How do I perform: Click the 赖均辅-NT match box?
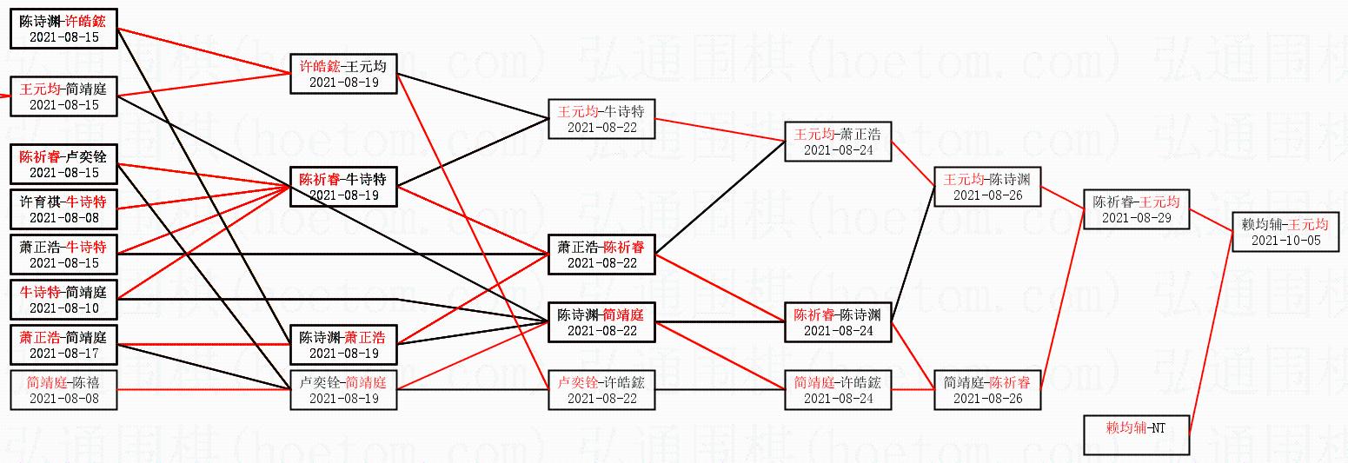1136,434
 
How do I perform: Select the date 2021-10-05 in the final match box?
1285,241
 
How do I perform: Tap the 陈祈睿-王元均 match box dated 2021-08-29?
1136,209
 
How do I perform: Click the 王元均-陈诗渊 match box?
986,187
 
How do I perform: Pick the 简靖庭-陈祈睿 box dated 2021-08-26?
986,390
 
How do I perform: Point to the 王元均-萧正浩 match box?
837,142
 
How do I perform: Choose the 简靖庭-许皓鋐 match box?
837,390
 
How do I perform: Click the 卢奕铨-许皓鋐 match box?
601,390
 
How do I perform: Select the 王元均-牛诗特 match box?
601,119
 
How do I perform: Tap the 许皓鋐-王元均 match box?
343,74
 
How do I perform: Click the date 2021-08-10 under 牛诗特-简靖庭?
64,308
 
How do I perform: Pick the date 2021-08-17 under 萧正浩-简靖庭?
64,354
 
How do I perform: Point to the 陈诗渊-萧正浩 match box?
343,345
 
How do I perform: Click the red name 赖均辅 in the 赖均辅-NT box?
1123,427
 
